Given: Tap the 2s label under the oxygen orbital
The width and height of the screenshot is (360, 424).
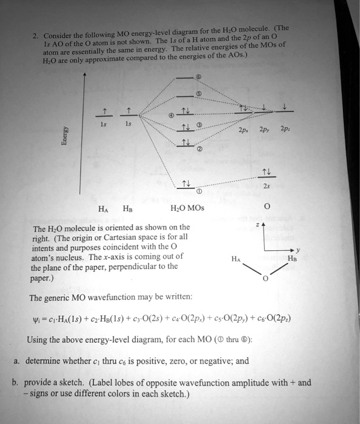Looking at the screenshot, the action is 265,187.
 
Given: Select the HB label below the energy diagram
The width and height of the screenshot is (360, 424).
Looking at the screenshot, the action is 129,208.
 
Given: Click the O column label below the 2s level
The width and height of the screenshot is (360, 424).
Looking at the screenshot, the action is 265,207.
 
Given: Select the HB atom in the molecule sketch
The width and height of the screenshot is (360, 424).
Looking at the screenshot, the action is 293,257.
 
